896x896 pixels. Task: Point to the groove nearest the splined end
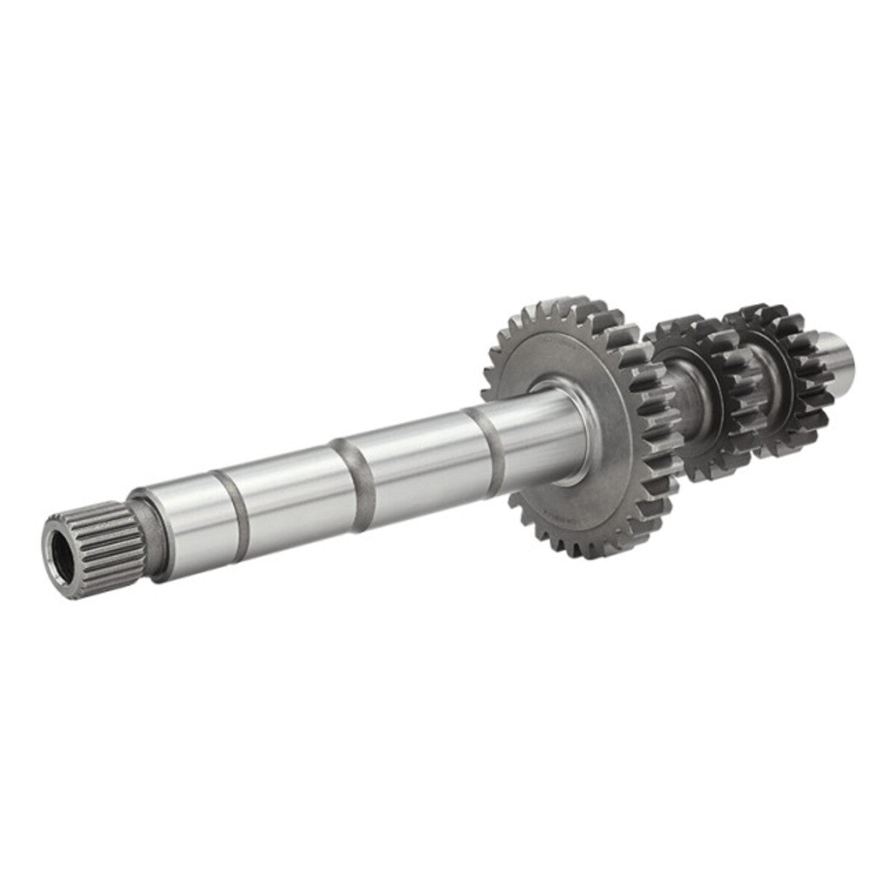tap(233, 503)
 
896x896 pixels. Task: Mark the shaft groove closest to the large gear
tap(491, 442)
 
